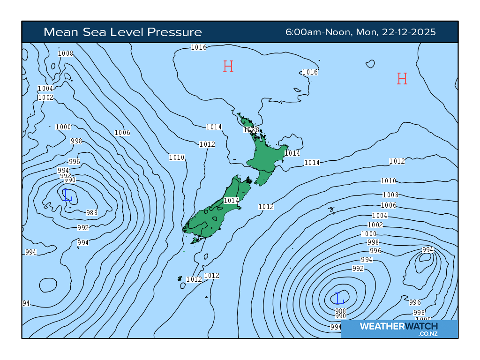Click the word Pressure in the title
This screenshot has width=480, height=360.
coord(174,32)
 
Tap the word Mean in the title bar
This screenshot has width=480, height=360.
coord(60,32)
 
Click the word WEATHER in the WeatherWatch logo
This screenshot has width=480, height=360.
coord(380,326)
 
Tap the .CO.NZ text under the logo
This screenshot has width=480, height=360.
coord(428,334)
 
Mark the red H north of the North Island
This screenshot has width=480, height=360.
coord(228,67)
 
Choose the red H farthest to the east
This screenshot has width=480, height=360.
coord(402,79)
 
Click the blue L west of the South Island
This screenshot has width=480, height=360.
coord(67,195)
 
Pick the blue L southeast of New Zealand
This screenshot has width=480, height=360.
coord(338,298)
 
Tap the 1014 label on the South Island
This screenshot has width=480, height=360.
coord(232,201)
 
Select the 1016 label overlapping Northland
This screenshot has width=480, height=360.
coord(251,130)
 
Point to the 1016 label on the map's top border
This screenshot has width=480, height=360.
coord(199,47)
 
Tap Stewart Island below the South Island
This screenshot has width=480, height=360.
coord(195,240)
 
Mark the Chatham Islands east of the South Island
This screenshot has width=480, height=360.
coord(332,210)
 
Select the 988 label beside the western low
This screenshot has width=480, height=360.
coord(92,212)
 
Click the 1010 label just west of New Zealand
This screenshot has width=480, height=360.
coord(177,157)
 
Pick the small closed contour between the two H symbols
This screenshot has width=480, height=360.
coord(370,63)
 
